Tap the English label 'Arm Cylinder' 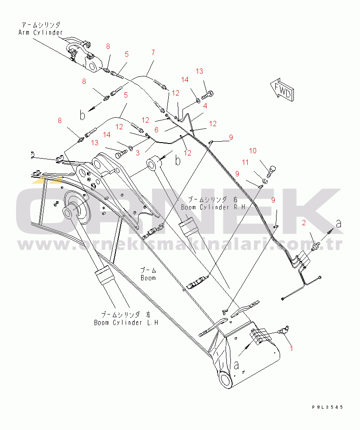(x=40, y=32)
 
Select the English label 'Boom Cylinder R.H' (x=213, y=207)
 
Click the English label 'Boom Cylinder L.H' (x=126, y=322)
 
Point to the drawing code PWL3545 (x=327, y=407)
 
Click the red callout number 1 (x=292, y=348)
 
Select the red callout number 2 (x=304, y=223)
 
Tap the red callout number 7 (x=153, y=52)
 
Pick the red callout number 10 (x=253, y=151)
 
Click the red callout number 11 (x=245, y=162)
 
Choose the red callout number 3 (x=138, y=153)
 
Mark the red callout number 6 (x=156, y=130)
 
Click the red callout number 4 (x=205, y=106)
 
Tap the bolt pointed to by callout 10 (x=271, y=171)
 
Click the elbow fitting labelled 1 (x=284, y=330)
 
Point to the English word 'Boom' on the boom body (x=148, y=278)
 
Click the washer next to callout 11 (x=265, y=181)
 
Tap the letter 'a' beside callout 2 (x=339, y=224)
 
